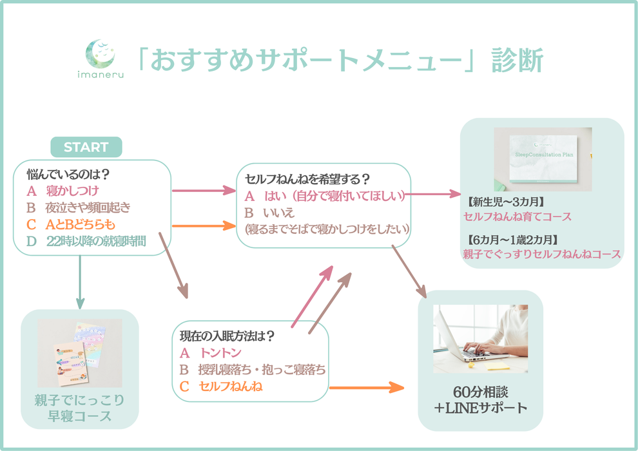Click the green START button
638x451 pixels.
tap(86, 147)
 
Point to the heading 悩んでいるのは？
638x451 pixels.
tap(67, 174)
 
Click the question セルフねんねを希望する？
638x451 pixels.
tap(307, 179)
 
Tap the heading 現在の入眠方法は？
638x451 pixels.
tap(227, 336)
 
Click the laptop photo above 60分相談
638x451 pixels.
tap(480, 338)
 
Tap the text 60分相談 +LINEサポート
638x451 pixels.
tap(481, 399)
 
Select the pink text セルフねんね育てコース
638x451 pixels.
tap(517, 216)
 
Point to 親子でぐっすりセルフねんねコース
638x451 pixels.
tap(541, 254)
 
